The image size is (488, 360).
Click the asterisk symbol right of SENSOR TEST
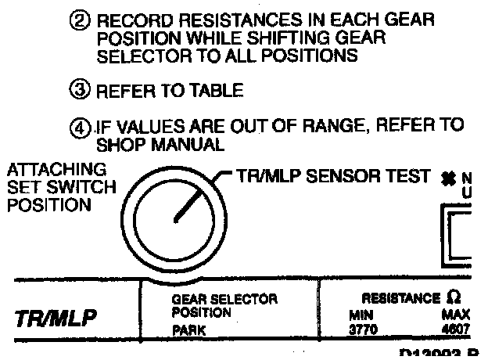point(451,179)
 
